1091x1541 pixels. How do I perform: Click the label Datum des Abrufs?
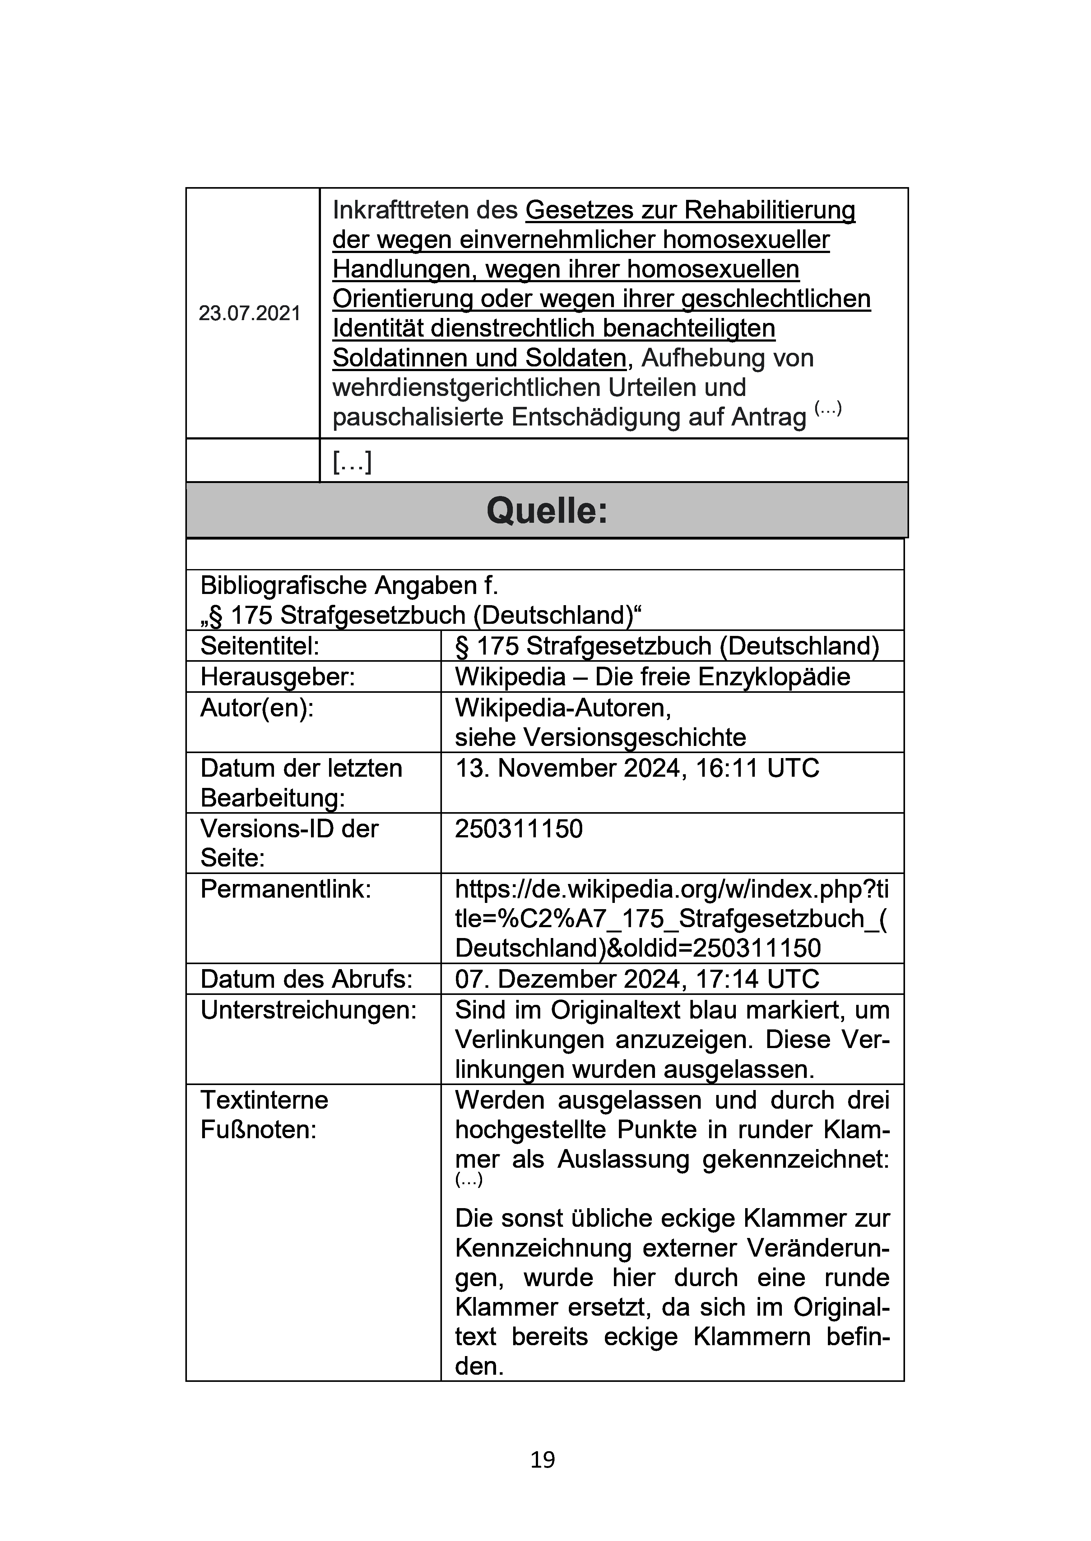click(x=306, y=979)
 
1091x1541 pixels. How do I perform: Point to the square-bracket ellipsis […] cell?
click(x=352, y=461)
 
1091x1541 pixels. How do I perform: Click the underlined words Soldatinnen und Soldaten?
click(x=479, y=358)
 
